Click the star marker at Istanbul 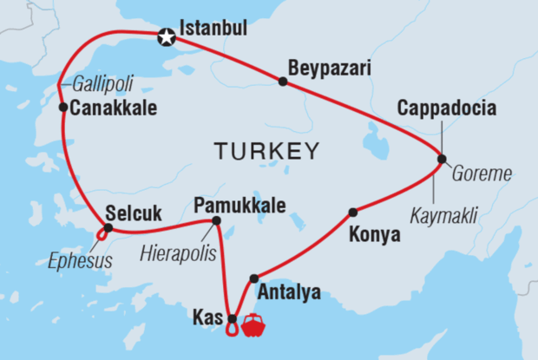point(166,37)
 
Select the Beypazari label point(318,66)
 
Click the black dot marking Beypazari point(283,82)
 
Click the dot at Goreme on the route point(442,159)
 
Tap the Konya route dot point(352,213)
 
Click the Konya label point(374,234)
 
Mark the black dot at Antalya point(253,278)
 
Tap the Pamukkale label point(239,206)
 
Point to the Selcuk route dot point(108,228)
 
